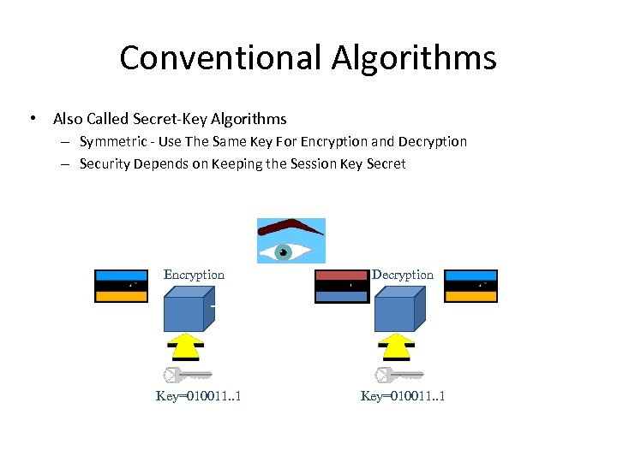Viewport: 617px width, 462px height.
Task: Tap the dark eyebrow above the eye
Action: tap(289, 228)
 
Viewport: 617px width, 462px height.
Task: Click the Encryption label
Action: tap(194, 275)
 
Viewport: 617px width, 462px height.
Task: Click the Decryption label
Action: tap(403, 275)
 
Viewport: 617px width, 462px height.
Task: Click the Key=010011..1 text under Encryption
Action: tap(198, 395)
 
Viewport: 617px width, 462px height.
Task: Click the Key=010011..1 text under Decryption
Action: tap(403, 395)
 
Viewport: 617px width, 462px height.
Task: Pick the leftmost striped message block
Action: tap(121, 286)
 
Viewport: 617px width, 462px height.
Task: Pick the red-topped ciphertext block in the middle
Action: tap(341, 286)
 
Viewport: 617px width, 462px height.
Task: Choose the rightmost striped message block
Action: tap(470, 286)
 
